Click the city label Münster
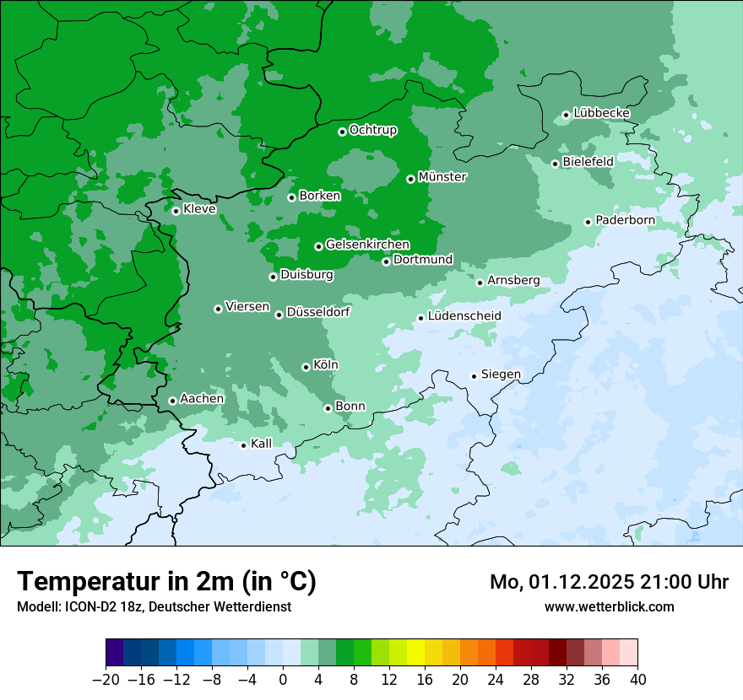click(x=442, y=177)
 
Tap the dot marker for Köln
click(x=306, y=367)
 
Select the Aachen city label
click(x=202, y=399)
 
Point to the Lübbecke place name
click(x=601, y=113)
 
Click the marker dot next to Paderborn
click(x=588, y=222)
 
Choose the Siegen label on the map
click(x=501, y=374)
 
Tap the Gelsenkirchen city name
click(x=367, y=245)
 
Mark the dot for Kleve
click(x=176, y=211)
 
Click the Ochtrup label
click(x=372, y=130)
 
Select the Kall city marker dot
click(x=244, y=445)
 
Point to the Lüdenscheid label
click(x=464, y=316)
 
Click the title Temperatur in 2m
click(x=166, y=582)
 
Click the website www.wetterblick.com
click(x=609, y=607)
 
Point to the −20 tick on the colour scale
click(x=106, y=679)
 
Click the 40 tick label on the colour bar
click(x=637, y=679)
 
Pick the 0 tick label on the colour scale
click(x=283, y=679)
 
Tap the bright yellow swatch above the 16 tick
click(x=416, y=653)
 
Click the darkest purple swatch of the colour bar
click(x=115, y=653)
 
